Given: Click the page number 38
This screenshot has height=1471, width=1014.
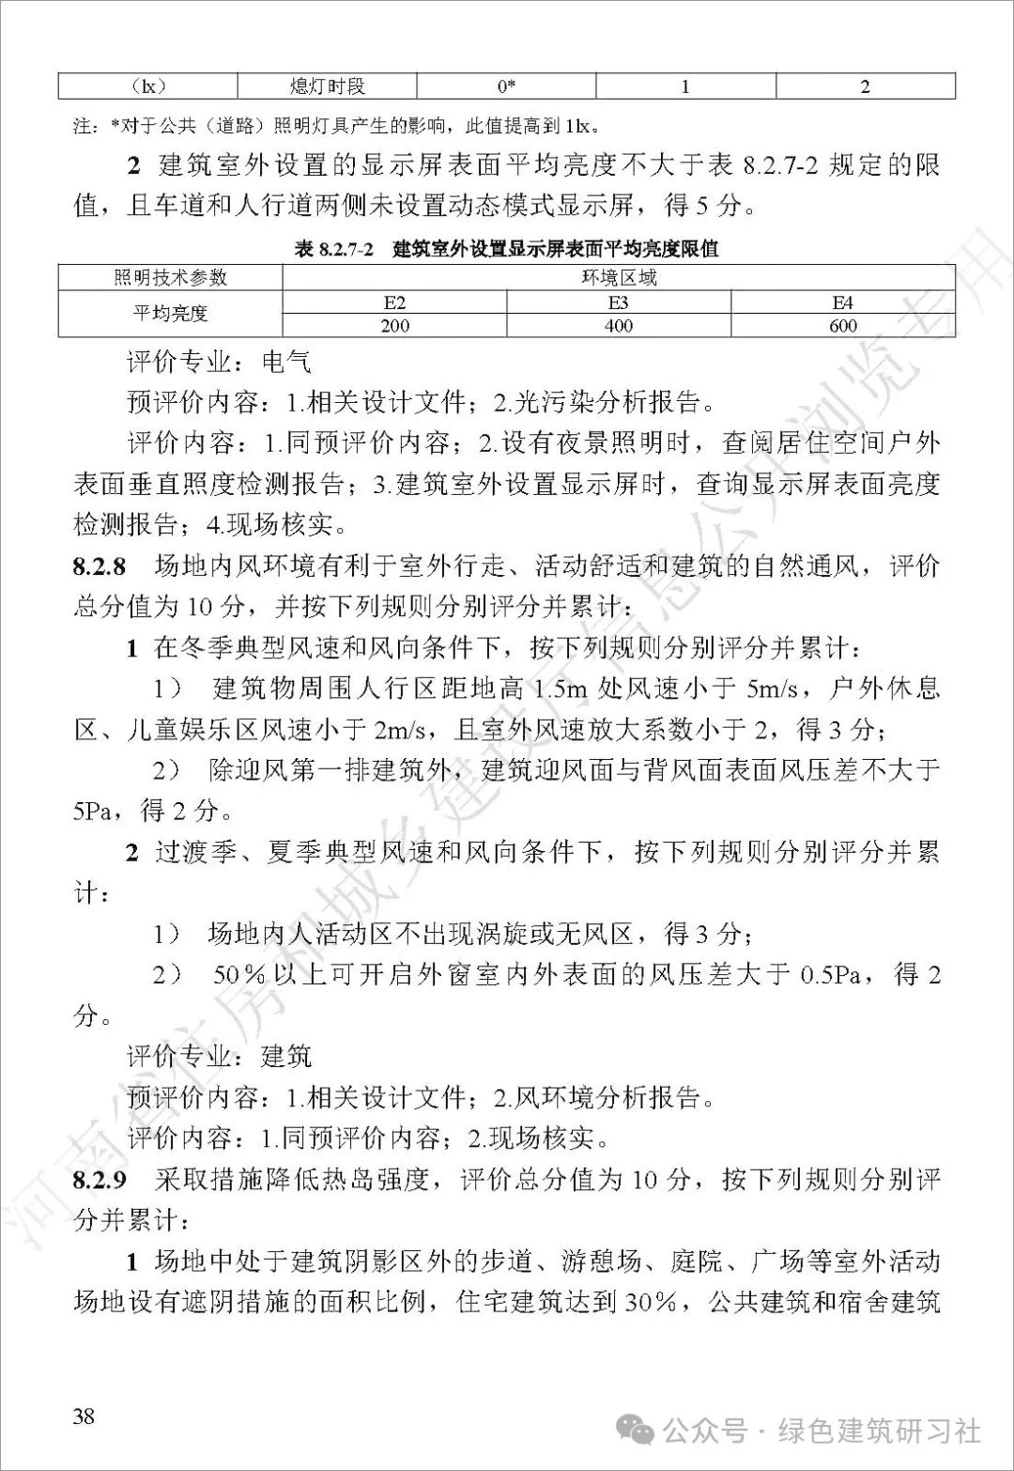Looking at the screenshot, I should click(84, 1416).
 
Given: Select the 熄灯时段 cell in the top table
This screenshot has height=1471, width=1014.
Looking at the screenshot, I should click(327, 86).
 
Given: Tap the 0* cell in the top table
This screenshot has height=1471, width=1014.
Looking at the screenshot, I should click(506, 86).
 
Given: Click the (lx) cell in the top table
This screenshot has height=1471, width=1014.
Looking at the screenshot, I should click(147, 86).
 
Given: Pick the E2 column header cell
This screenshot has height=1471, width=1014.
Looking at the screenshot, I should click(394, 302).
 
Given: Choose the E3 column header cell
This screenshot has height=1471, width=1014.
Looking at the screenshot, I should click(618, 302).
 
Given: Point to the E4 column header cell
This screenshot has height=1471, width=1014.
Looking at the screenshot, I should click(842, 302).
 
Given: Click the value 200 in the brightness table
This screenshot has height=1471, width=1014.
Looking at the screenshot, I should click(394, 325).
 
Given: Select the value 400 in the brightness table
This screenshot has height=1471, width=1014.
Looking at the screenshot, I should click(618, 325).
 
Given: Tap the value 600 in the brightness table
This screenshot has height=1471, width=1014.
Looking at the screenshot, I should click(842, 325).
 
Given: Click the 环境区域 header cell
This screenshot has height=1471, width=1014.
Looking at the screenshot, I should click(618, 277).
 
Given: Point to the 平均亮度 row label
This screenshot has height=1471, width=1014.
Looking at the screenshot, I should click(170, 313).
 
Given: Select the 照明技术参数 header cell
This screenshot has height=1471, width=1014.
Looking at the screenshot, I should click(170, 277).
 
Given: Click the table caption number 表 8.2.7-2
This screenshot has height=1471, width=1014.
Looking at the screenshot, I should click(334, 249).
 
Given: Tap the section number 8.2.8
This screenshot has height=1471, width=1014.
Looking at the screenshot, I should click(99, 565).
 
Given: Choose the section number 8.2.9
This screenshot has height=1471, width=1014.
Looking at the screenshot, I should click(99, 1179).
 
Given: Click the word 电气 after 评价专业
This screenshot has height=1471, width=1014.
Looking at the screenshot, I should click(286, 362).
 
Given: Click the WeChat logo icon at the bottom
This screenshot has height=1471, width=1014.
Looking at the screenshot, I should click(641, 1431).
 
